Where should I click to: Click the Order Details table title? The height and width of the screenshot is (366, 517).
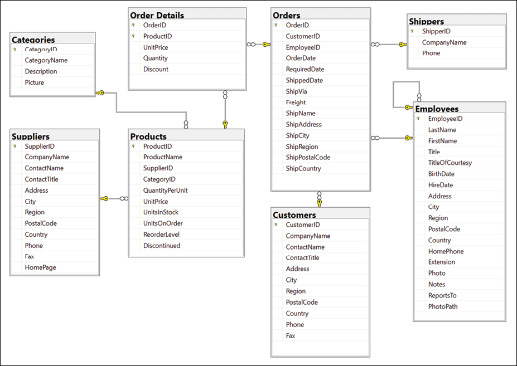157,15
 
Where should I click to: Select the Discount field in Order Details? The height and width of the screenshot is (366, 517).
156,69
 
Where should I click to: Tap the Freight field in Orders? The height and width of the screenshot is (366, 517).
296,103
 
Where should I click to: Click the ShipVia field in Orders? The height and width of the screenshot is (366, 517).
297,91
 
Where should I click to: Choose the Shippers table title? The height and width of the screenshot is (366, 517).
426,21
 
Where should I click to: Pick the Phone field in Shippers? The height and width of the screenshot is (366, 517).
431,53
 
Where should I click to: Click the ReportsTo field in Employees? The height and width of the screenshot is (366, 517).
442,295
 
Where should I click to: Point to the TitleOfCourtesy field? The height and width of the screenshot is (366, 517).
450,163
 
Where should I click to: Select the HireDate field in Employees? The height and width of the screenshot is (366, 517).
441,185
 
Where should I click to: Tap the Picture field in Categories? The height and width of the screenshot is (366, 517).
35,82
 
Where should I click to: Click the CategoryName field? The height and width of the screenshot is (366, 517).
46,60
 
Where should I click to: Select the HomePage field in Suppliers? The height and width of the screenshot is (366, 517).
40,267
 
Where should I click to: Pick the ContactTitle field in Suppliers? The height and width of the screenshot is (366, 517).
41,179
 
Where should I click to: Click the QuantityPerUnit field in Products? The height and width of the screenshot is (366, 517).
166,190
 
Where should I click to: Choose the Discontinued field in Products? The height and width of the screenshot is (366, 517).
162,246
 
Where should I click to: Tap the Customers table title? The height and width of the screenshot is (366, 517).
294,214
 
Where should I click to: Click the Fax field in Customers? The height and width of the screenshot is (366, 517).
291,336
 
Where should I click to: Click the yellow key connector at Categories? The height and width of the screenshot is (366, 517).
100,93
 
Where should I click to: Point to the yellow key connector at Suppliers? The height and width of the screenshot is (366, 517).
104,198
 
